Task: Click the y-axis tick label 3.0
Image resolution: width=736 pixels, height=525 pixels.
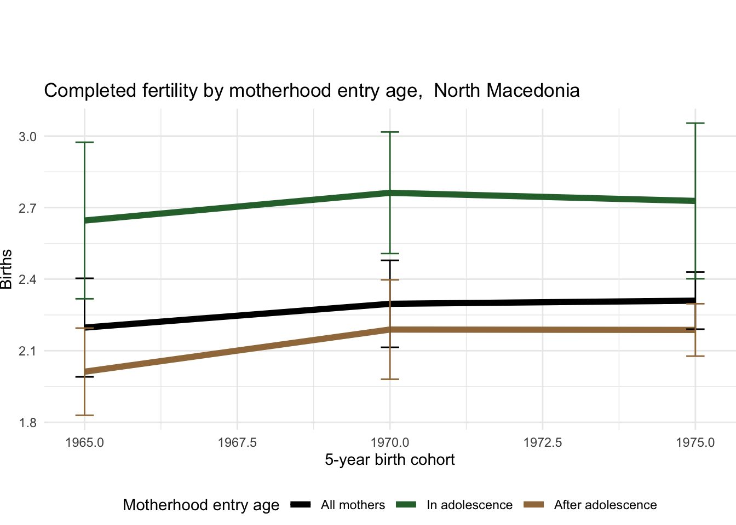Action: click(27, 137)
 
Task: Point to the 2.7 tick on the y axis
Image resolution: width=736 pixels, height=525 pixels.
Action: click(27, 208)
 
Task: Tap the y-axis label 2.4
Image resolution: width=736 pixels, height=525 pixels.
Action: click(27, 280)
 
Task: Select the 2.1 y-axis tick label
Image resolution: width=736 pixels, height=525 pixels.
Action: click(27, 352)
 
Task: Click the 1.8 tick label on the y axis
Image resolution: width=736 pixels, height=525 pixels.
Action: click(27, 423)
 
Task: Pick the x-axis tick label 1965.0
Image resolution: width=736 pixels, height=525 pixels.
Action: click(84, 442)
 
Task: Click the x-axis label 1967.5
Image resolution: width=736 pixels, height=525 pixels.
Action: click(237, 442)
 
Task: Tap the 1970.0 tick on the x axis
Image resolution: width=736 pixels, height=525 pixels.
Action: click(390, 442)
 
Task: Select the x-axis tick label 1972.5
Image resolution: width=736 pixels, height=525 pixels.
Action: click(543, 442)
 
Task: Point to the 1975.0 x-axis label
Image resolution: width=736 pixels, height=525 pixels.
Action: click(695, 442)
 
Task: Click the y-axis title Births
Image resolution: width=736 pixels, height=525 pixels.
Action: click(7, 269)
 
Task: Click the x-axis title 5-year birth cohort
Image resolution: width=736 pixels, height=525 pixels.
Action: click(389, 460)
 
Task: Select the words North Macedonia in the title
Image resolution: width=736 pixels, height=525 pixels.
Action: click(507, 91)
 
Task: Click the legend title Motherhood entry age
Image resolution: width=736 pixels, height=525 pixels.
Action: click(201, 505)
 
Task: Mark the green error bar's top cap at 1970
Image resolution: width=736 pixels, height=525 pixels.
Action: click(390, 132)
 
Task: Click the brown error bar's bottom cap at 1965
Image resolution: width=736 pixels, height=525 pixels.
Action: click(84, 415)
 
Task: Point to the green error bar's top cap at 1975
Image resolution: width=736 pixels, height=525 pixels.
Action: click(695, 124)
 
